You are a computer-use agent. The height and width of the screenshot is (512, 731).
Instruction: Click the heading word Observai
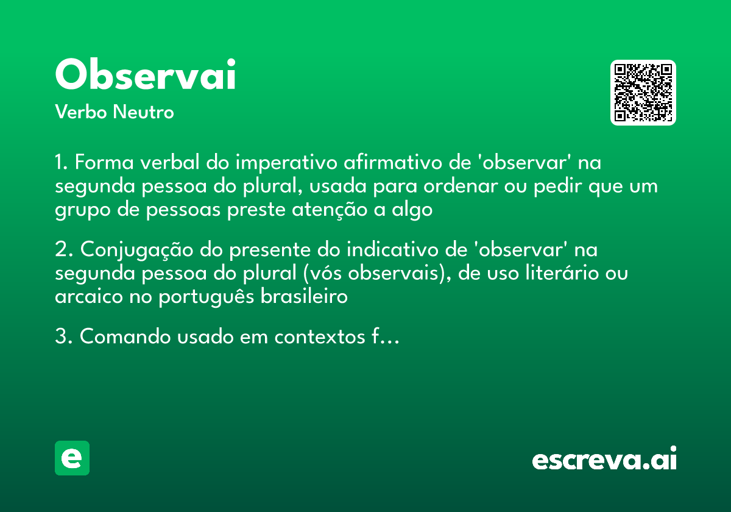(x=145, y=75)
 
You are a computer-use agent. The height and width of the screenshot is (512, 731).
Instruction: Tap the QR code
(x=643, y=93)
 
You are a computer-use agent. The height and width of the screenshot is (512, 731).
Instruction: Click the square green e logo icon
(x=72, y=458)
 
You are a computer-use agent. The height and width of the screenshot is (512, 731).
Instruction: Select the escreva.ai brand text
(x=604, y=460)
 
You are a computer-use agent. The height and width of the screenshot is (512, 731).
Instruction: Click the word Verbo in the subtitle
(x=80, y=112)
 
